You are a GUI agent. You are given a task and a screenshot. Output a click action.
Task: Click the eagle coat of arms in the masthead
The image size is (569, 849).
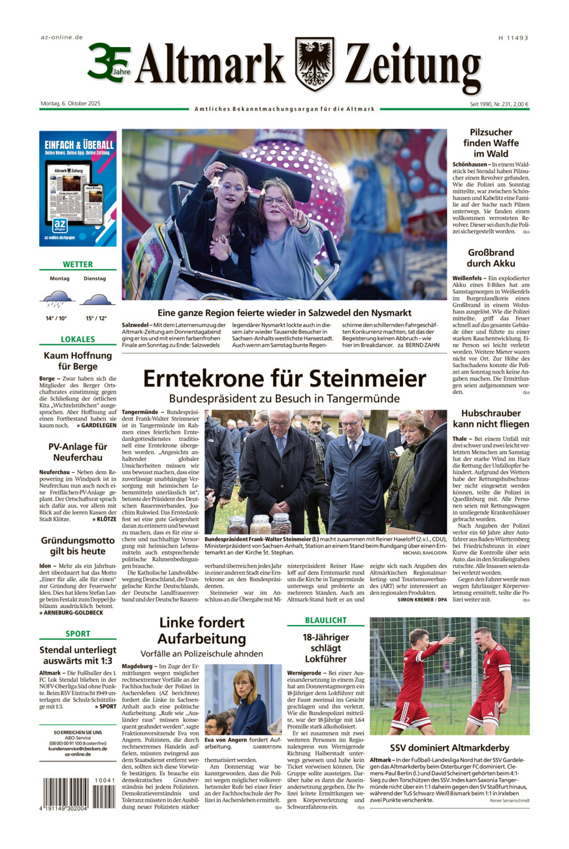click(x=314, y=63)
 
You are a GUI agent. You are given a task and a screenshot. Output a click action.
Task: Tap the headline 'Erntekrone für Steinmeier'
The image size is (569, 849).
click(x=284, y=379)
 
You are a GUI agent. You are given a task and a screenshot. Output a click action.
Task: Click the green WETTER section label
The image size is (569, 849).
click(x=78, y=264)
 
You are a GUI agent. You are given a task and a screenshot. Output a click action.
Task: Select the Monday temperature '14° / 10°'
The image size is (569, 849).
click(x=57, y=318)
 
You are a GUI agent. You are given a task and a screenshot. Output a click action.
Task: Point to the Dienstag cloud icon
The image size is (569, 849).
click(x=96, y=300)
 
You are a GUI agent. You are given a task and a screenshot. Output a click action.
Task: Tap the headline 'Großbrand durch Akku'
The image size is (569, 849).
click(x=491, y=258)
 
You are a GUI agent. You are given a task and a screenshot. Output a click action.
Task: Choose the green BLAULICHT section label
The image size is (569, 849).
click(x=325, y=620)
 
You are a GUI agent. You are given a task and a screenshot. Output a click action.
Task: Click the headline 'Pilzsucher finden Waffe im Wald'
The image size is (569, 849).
click(x=491, y=142)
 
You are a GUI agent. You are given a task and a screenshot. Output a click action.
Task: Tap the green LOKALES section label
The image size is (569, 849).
click(x=78, y=340)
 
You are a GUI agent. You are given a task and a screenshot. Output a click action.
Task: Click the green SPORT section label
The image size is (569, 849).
click(x=78, y=633)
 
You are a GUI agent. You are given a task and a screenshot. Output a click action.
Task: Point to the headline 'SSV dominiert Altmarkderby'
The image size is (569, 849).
click(x=449, y=748)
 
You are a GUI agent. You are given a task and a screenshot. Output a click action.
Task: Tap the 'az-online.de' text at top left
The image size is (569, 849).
click(x=61, y=37)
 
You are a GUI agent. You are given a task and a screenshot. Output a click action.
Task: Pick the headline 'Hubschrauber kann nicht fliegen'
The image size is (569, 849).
click(x=491, y=419)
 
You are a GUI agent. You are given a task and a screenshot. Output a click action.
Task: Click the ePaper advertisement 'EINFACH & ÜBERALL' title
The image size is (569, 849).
click(x=78, y=144)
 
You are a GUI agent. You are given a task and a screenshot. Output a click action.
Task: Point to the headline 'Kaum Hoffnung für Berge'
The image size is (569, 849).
click(x=78, y=361)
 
